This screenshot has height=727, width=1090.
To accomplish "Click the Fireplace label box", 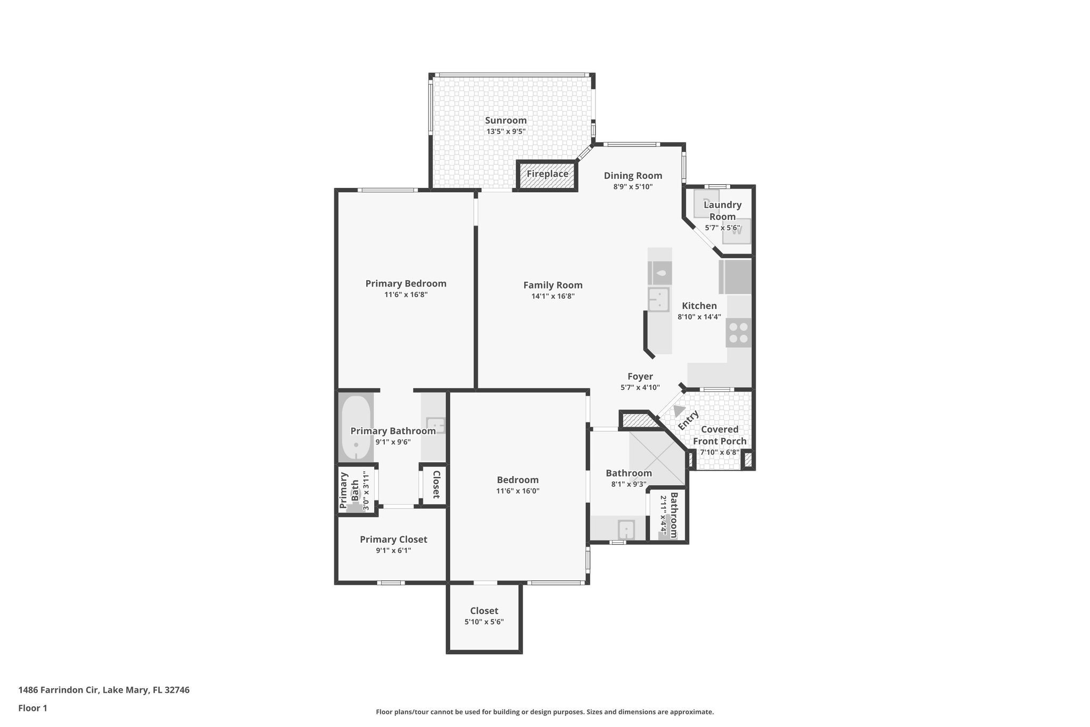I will click(x=547, y=174).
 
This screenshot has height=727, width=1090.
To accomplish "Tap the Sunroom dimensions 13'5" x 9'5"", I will click(x=506, y=132).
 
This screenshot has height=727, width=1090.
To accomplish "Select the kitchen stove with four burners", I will click(x=738, y=333).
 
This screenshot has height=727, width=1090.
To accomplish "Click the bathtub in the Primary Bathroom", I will click(x=356, y=428).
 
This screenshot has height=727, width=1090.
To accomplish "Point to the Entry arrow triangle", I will click(x=679, y=411).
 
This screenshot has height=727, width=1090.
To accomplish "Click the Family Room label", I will click(x=552, y=285).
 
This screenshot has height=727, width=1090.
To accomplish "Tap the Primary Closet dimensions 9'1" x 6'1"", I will click(x=393, y=551).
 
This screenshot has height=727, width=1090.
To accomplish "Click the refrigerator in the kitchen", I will click(x=735, y=276).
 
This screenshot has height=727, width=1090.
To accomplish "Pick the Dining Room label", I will click(x=633, y=176).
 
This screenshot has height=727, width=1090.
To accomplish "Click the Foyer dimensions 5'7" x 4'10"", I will click(x=640, y=388).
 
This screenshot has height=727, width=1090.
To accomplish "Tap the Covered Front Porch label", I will click(x=720, y=435).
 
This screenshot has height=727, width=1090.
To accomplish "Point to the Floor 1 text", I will click(x=32, y=708).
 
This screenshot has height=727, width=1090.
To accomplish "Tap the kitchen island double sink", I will click(x=658, y=299).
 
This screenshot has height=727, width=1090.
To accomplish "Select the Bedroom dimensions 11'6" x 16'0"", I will click(x=517, y=491).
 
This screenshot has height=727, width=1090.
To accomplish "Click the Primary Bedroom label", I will click(x=406, y=283).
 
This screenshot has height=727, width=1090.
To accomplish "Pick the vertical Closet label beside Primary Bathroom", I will click(x=436, y=484).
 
